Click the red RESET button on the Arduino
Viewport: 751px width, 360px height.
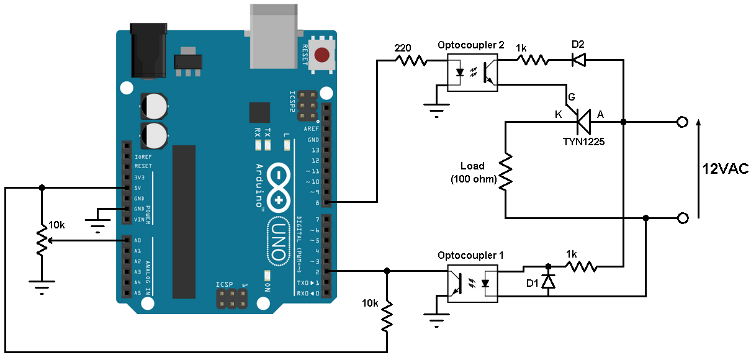tap(322, 55)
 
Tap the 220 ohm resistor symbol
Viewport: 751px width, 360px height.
tap(411, 60)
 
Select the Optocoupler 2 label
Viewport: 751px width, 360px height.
tap(471, 46)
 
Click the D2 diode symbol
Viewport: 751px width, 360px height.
tap(578, 60)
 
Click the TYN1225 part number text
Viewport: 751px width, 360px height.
tap(583, 141)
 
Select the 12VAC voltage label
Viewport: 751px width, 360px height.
tap(725, 169)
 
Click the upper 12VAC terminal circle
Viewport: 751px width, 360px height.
tap(683, 122)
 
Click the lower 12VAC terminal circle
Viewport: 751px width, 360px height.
tap(683, 218)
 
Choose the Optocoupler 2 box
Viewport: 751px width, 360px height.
tap(473, 73)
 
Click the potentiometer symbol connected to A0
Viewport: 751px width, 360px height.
tap(42, 241)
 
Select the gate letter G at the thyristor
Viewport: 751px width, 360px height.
tap(571, 97)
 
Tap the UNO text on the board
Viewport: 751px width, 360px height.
tap(279, 241)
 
